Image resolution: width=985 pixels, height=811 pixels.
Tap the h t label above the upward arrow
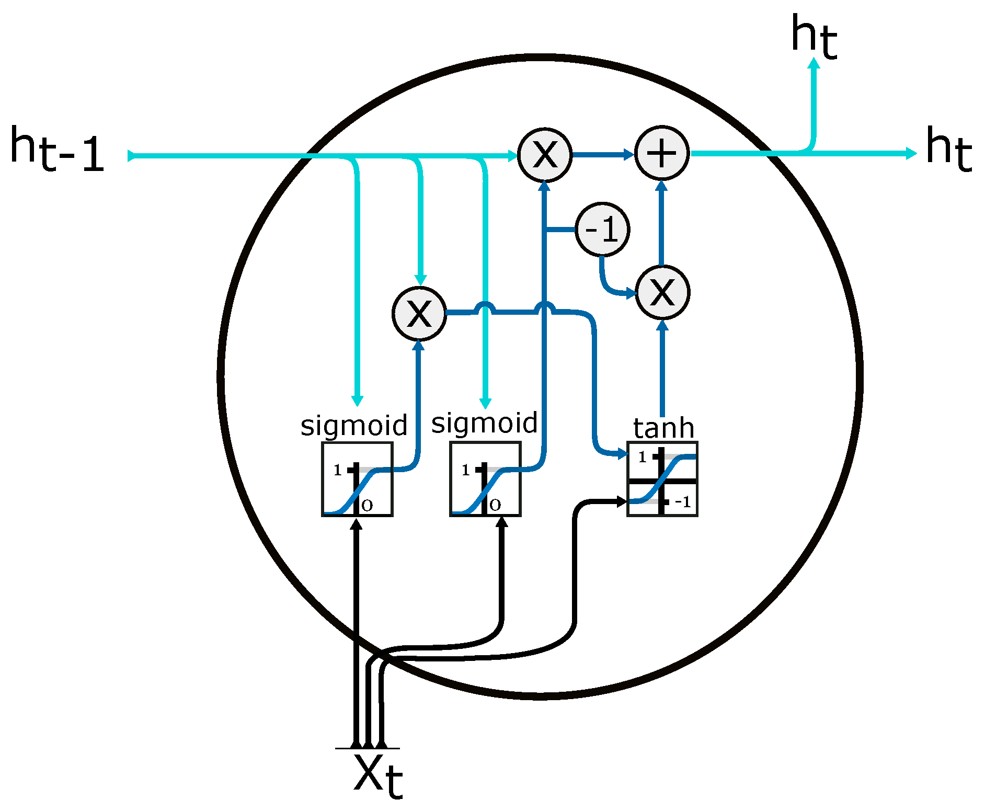pyautogui.click(x=814, y=37)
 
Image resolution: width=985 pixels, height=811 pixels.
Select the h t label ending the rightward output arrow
pyautogui.click(x=948, y=149)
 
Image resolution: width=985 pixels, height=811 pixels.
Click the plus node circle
pyautogui.click(x=662, y=154)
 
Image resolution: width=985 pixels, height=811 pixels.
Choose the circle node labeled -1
pyautogui.click(x=602, y=230)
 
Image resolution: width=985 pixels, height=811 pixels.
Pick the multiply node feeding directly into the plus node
pyautogui.click(x=545, y=155)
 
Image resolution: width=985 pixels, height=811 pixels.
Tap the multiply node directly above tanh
pyautogui.click(x=662, y=292)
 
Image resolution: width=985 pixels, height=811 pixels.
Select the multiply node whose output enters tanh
pyautogui.click(x=419, y=314)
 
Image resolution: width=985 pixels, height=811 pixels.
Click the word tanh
pyautogui.click(x=663, y=428)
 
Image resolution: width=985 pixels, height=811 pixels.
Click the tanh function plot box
pyautogui.click(x=662, y=479)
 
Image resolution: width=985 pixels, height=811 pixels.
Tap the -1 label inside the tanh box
pyautogui.click(x=682, y=502)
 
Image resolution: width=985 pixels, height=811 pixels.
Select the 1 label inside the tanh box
pyautogui.click(x=643, y=458)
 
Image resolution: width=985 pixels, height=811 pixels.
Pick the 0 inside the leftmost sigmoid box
pyautogui.click(x=367, y=505)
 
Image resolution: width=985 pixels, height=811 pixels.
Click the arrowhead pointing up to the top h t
pyautogui.click(x=814, y=64)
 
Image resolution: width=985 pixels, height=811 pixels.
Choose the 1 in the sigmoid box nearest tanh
pyautogui.click(x=465, y=470)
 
